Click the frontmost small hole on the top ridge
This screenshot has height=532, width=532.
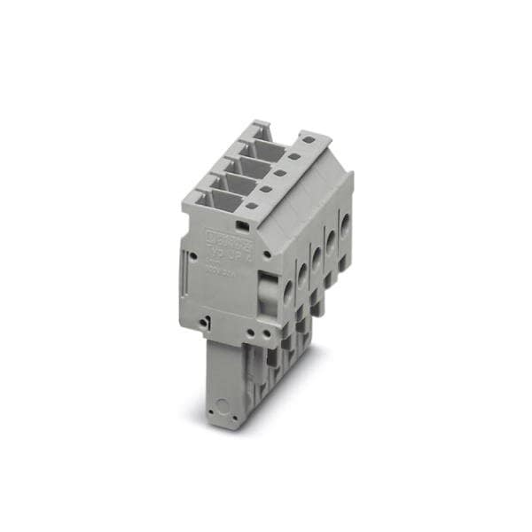click(252, 207)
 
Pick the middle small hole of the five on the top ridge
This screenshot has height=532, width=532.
click(279, 173)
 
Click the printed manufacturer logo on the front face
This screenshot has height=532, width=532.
click(230, 239)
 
